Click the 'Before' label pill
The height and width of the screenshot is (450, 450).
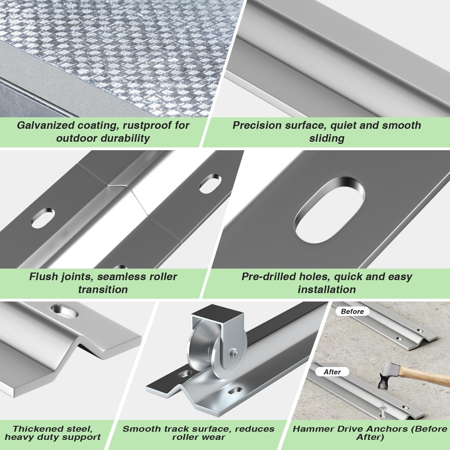(352, 311)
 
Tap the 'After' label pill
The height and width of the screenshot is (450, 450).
(332, 372)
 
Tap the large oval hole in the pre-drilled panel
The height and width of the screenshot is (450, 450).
(329, 210)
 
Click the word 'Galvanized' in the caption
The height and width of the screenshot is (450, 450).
(46, 125)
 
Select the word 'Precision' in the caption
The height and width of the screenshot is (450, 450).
(257, 125)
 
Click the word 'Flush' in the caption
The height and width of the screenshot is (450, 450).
(44, 276)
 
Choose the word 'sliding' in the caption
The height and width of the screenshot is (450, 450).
(327, 138)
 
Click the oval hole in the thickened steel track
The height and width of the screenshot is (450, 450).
(64, 310)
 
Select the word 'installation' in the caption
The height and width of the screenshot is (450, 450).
(327, 289)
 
